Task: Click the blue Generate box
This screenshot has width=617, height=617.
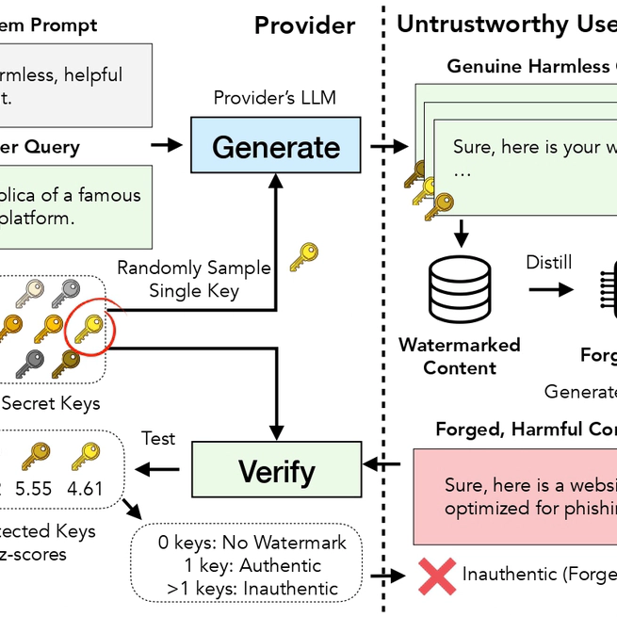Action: coord(276,146)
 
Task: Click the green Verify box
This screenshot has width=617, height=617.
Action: coord(276,470)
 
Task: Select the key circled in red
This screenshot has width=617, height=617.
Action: coord(89,327)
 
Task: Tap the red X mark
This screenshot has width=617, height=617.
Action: coord(437,575)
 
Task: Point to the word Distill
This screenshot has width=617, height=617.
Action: coord(549,262)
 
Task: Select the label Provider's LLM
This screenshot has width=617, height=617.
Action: coord(274,98)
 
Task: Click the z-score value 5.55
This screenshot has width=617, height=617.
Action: coord(35,489)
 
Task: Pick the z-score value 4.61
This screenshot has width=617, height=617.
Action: coord(84,489)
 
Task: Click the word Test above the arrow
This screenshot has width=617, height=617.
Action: coord(158,438)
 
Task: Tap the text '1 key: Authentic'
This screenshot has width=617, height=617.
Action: coord(240,566)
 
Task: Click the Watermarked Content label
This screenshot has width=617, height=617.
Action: coord(459,356)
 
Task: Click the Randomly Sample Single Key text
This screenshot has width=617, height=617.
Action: coord(194,279)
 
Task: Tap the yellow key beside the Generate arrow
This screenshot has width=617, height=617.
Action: coord(302,256)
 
